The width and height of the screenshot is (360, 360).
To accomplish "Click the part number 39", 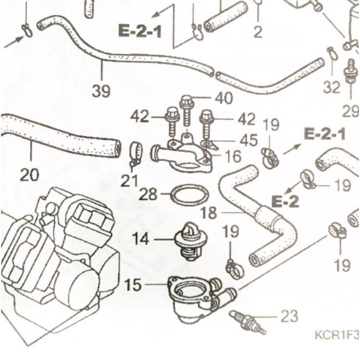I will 101,91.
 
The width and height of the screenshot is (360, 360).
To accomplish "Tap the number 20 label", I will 29,175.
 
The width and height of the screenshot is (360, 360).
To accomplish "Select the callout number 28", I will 148,194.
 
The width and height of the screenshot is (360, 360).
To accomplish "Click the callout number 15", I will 133,285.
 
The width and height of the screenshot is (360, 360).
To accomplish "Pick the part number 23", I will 289,316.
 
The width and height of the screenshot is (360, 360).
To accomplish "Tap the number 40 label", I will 223,97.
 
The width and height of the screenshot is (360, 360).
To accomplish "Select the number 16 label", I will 232,156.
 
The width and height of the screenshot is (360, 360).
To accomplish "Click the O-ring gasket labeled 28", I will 189,195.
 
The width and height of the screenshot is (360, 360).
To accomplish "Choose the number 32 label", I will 331,87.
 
